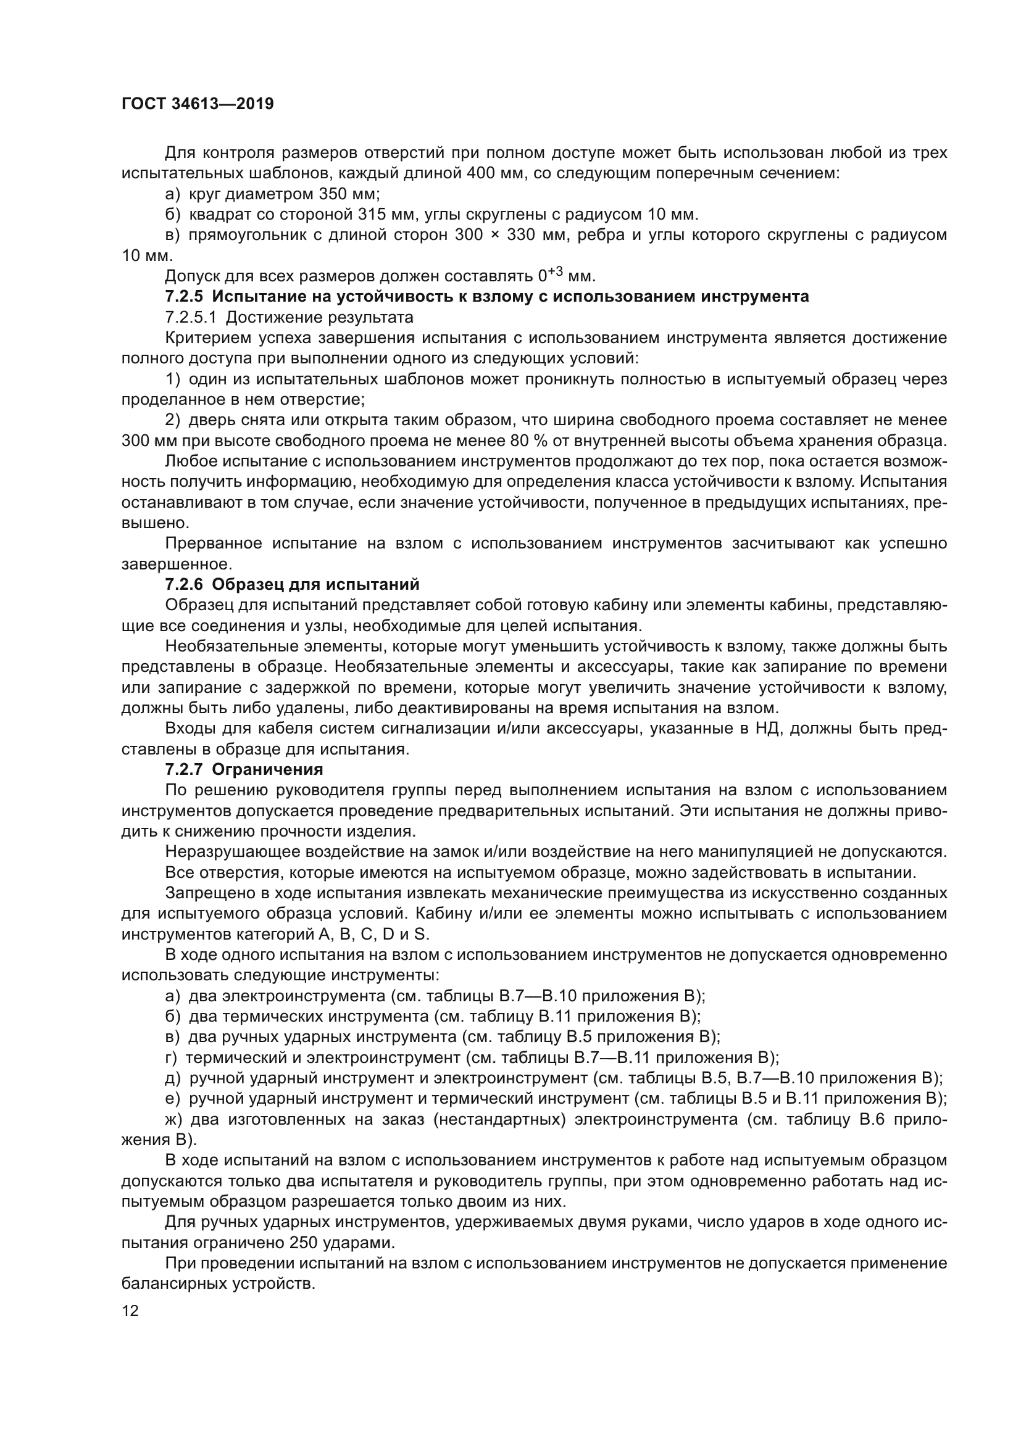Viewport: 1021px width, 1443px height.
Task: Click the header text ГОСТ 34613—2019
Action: point(198,104)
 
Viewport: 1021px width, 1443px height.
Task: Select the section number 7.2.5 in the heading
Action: point(184,297)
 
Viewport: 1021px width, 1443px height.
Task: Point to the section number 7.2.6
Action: point(184,584)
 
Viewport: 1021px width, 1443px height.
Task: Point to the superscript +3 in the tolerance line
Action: point(553,271)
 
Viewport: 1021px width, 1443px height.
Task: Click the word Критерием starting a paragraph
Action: point(207,338)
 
